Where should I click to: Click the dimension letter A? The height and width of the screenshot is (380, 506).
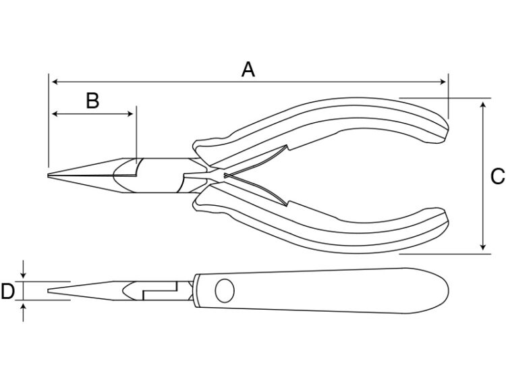pos(248,70)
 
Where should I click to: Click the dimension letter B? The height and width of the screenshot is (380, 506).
pos(92,100)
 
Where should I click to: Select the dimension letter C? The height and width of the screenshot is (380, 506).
pos(498,177)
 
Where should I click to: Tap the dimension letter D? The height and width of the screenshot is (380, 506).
pos(7,291)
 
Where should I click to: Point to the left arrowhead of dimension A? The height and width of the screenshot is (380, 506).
pos(55,82)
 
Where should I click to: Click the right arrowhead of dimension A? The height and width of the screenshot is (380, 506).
pos(443,82)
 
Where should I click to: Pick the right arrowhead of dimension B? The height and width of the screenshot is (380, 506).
pos(130,114)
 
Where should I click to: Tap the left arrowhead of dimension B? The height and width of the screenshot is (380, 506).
pos(55,114)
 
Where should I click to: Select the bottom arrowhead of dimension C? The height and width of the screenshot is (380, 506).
pos(483,246)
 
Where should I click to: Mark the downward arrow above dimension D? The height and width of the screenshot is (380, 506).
pos(23,269)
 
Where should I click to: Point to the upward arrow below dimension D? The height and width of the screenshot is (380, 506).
pos(23,313)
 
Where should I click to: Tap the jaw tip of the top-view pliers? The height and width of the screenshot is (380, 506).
pos(48,175)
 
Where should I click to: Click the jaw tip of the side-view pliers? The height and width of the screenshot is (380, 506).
pos(49,291)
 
